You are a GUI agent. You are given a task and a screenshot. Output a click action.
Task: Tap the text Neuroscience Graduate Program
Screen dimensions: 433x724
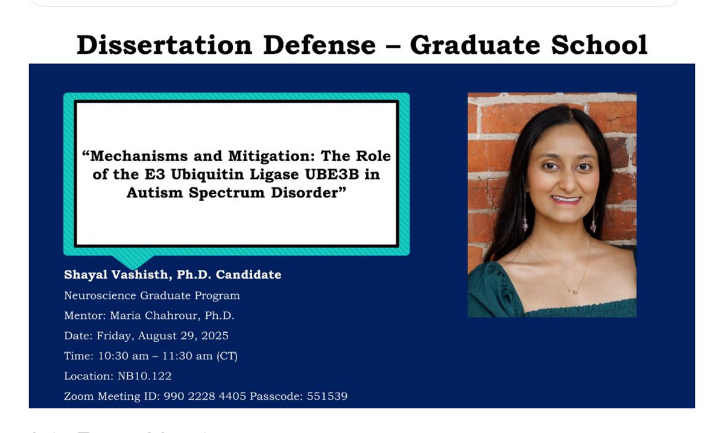tap(152, 296)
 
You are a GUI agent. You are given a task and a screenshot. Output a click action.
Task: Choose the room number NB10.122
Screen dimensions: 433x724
tap(144, 376)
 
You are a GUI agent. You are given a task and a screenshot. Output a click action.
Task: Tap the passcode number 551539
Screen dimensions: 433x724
tap(327, 397)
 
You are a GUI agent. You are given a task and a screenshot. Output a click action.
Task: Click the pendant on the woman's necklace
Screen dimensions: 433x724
tap(573, 292)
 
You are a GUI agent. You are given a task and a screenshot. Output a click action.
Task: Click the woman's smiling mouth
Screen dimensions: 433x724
tap(565, 199)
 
